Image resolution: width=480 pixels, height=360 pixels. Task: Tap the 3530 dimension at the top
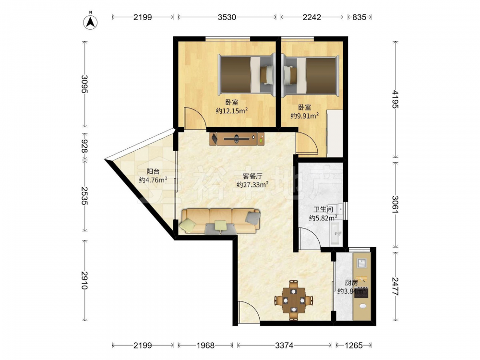(x=227, y=17)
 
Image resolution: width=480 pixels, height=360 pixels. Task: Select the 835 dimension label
(x=359, y=17)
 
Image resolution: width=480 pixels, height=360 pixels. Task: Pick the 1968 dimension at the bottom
(x=205, y=345)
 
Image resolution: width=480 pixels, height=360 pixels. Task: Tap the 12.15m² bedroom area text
(x=232, y=111)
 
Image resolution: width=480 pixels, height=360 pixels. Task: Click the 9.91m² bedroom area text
(x=305, y=116)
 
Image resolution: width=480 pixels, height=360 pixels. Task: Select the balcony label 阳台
(x=153, y=172)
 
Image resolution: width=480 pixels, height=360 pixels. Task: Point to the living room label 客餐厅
(x=252, y=176)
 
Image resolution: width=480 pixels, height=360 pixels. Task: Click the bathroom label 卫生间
(x=323, y=210)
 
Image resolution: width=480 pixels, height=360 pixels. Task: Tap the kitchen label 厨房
(x=351, y=283)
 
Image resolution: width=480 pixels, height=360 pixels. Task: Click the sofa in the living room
(x=221, y=221)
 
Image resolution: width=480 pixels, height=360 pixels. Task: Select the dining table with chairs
(x=294, y=300)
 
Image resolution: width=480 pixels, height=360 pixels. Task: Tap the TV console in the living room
(x=237, y=139)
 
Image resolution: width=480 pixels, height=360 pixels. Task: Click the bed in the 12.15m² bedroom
(x=247, y=75)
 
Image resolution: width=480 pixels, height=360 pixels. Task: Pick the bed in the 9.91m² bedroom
(x=311, y=75)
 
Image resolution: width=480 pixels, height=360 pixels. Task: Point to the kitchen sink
(x=362, y=263)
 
